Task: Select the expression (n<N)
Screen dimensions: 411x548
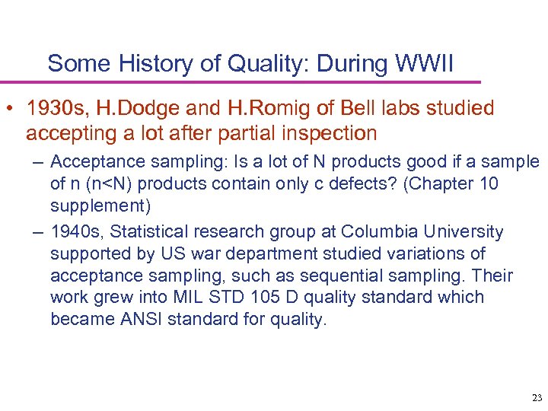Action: pyautogui.click(x=97, y=184)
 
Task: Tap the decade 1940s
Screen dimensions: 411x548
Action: pyautogui.click(x=73, y=231)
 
